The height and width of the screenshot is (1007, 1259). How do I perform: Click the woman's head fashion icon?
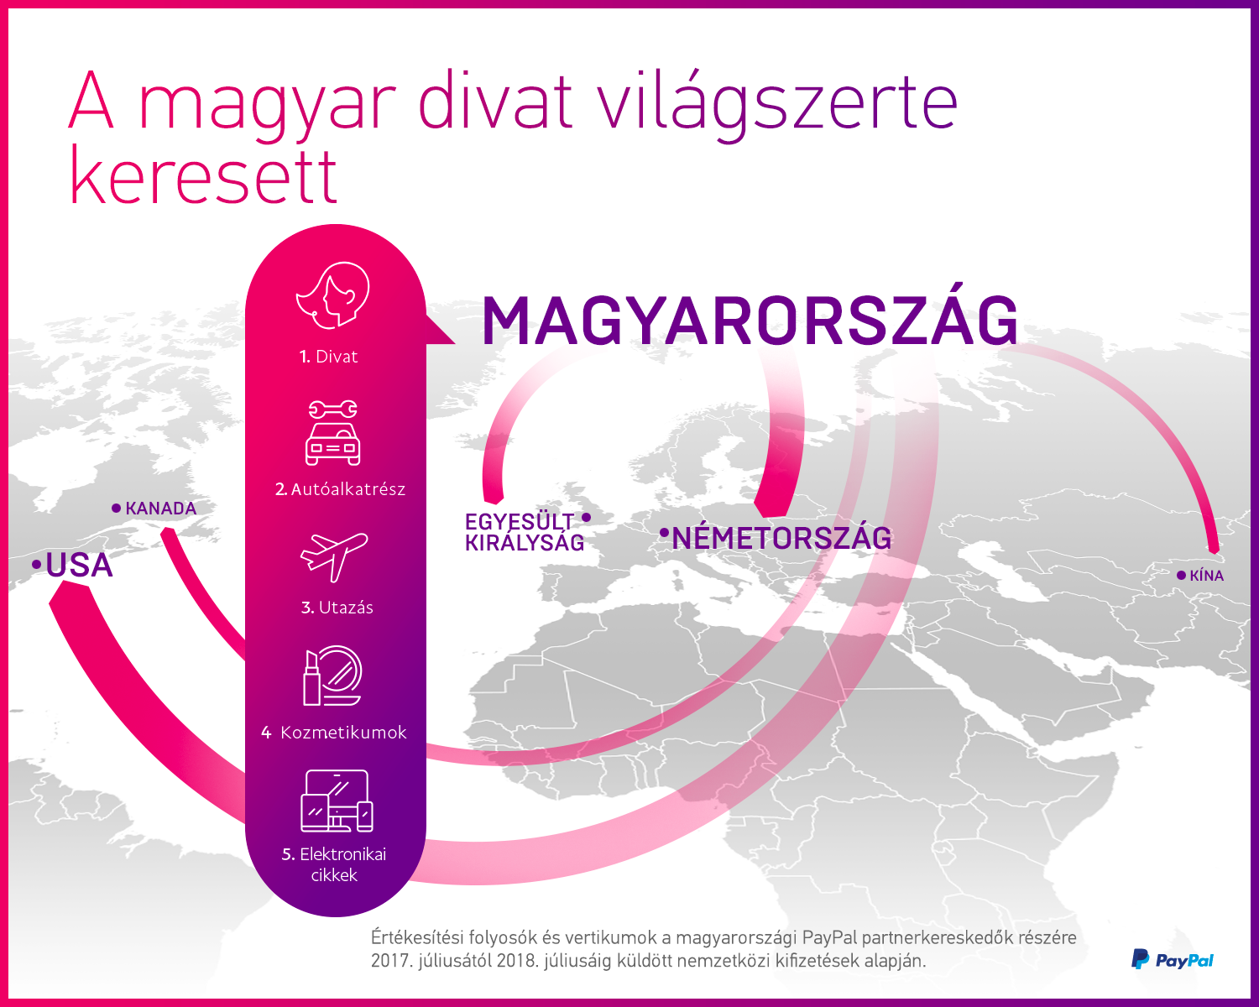tap(333, 295)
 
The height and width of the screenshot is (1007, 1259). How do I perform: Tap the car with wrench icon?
tap(332, 433)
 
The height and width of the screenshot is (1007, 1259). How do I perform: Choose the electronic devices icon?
tap(337, 801)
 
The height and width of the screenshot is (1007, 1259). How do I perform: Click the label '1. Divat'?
tap(329, 357)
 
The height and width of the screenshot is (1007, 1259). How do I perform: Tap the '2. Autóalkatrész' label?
tap(340, 489)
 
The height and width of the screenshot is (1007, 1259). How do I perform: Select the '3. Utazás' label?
tap(337, 608)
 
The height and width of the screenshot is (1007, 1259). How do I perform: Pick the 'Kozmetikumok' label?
tap(343, 733)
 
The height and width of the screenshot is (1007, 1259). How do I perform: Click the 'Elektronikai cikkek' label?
tap(334, 864)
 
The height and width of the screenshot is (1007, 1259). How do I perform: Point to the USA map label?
tap(78, 566)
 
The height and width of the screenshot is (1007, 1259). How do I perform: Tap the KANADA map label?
tap(161, 509)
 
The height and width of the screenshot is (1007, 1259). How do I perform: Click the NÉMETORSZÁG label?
tap(781, 538)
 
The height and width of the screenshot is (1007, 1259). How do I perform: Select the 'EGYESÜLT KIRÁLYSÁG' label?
tap(525, 533)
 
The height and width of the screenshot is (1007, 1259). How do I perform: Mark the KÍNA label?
tap(1206, 576)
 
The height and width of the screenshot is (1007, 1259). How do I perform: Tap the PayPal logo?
tap(1173, 960)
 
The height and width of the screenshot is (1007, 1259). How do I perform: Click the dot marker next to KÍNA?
tap(1181, 576)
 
